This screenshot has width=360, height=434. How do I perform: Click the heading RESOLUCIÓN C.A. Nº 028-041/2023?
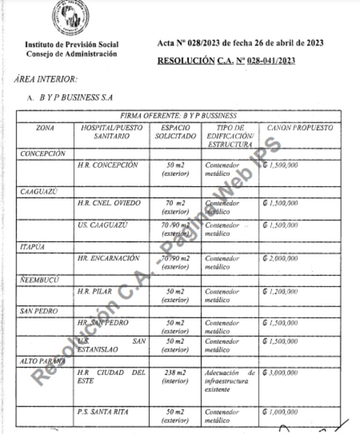tap(226, 61)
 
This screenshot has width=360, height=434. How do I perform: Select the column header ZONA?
tap(45, 128)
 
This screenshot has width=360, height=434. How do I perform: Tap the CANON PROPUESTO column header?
tap(300, 128)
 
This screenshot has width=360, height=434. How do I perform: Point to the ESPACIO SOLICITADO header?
tap(175, 132)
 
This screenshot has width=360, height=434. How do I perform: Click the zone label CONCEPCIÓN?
tap(43, 154)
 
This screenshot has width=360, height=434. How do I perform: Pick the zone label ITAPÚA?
tap(32, 247)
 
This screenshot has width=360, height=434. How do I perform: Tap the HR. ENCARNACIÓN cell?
tap(108, 258)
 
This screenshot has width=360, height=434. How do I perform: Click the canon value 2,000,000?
tap(281, 258)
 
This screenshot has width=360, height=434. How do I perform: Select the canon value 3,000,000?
tap(281, 373)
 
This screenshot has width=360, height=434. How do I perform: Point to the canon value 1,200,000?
tap(281, 292)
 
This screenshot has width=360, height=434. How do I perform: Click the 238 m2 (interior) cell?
tap(175, 377)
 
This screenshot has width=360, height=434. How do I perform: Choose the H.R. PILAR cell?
tap(95, 292)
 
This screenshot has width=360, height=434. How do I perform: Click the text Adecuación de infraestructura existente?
tap(230, 381)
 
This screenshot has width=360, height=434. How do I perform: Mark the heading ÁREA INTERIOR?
tap(46, 79)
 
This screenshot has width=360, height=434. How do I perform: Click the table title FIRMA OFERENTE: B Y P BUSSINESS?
tap(178, 116)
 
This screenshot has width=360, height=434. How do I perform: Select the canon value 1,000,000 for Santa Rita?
tap(281, 412)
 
